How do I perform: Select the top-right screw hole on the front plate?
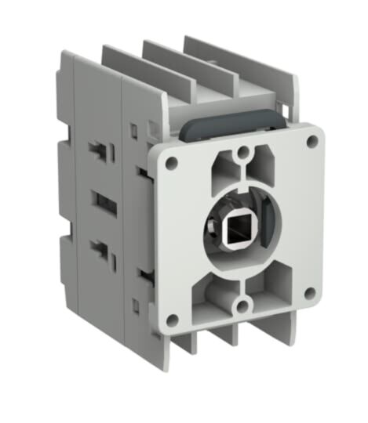click(312, 141)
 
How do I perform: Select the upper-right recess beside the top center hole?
click(267, 164)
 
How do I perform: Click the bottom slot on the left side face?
click(100, 251)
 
